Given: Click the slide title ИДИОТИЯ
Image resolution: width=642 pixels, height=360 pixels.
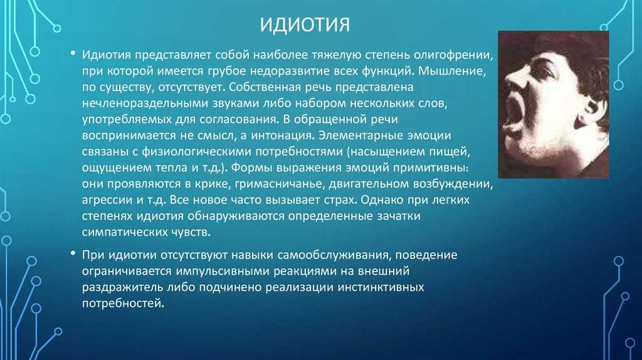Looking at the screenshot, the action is click(305, 25).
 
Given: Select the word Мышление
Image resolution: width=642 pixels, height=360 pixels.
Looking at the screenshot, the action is click(452, 71).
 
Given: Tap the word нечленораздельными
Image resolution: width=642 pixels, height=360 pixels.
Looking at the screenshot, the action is click(145, 103).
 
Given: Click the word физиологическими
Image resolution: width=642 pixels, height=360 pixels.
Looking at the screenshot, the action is click(196, 152).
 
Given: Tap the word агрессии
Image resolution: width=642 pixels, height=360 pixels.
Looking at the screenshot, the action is click(108, 200).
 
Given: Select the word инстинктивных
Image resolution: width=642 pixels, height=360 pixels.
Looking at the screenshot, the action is click(381, 287).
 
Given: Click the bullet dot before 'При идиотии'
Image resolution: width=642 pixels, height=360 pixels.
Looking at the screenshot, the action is click(73, 253).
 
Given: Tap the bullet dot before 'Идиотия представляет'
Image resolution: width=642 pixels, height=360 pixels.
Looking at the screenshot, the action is click(73, 54).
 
